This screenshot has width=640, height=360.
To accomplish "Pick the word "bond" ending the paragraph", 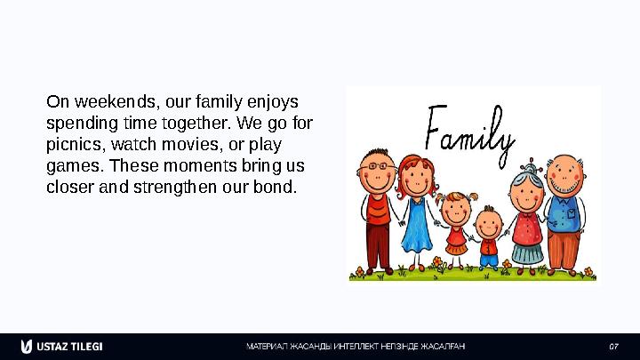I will (x=278, y=188).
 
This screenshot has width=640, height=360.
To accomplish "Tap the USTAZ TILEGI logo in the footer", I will (x=62, y=346).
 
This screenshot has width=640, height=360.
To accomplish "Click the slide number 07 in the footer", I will (x=612, y=346).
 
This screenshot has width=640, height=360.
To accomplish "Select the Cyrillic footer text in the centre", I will (x=356, y=346).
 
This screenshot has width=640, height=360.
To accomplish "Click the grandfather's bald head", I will (x=564, y=165).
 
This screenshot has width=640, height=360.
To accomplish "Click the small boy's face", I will (x=487, y=223).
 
